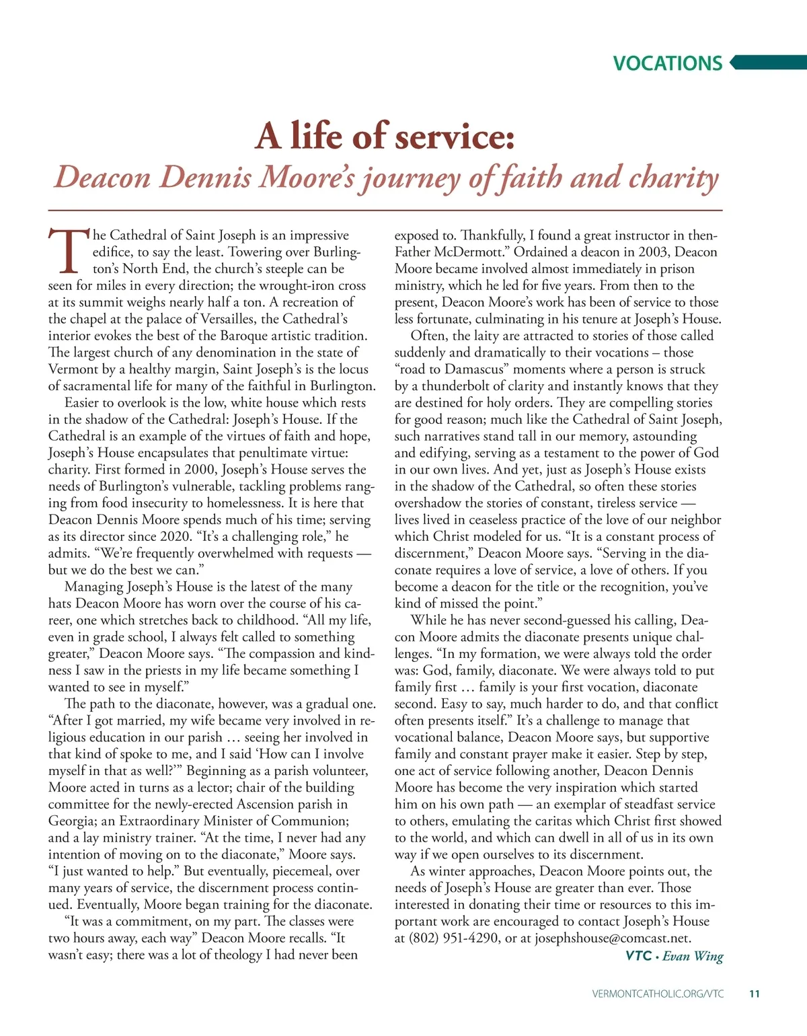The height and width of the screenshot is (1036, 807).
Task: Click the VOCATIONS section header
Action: click(667, 63)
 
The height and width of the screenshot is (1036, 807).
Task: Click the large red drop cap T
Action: click(69, 251)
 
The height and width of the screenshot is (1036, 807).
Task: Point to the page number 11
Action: click(754, 994)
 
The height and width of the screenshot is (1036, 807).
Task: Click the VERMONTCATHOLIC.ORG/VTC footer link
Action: click(658, 994)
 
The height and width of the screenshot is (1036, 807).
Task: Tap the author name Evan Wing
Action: click(693, 956)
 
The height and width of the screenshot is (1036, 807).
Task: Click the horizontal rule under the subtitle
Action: click(385, 211)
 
